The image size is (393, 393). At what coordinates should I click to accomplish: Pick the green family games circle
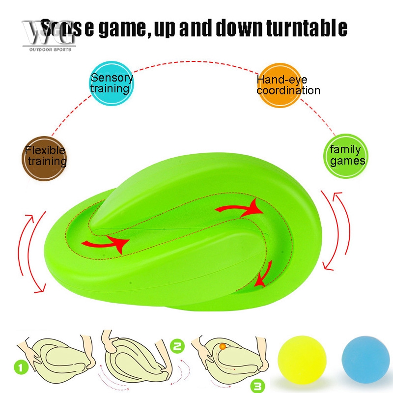tap(345, 156)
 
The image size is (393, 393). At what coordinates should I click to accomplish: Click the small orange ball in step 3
tap(222, 347)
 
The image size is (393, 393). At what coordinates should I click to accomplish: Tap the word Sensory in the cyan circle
tap(112, 78)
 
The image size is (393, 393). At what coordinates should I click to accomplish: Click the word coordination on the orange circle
tap(288, 90)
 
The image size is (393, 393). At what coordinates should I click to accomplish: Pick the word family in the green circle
tap(345, 150)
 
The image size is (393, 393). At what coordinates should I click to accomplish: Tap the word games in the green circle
tap(347, 161)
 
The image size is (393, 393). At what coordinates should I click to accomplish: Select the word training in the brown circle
tap(47, 162)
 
